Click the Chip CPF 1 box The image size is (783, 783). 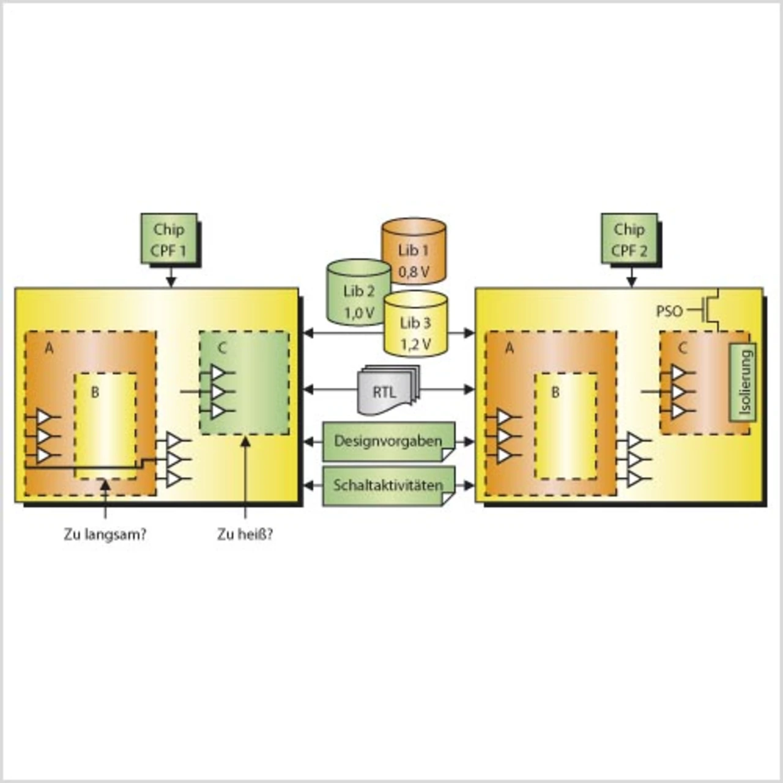click(x=169, y=239)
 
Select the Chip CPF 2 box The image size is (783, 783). click(x=629, y=239)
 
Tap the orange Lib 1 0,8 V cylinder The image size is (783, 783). click(x=414, y=252)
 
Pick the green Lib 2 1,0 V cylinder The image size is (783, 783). click(x=358, y=294)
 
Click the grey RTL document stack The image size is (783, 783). click(x=385, y=390)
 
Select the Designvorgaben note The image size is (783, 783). click(x=388, y=440)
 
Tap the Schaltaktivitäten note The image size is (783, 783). click(x=388, y=485)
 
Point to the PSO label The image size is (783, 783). click(x=669, y=311)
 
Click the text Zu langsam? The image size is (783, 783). click(x=105, y=535)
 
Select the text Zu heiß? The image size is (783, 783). click(x=245, y=535)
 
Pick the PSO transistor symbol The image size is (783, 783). click(x=710, y=310)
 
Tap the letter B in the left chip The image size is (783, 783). click(x=95, y=392)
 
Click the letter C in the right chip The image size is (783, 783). click(x=683, y=348)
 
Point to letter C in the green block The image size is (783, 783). click(x=222, y=348)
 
